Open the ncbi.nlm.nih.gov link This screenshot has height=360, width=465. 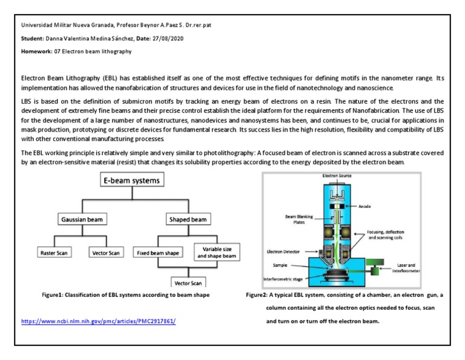point(102,321)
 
